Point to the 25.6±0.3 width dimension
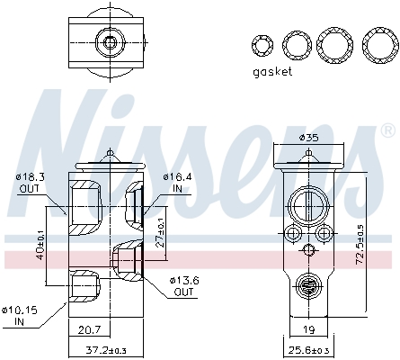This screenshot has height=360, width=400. click(x=308, y=349)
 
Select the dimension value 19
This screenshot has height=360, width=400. click(x=308, y=329)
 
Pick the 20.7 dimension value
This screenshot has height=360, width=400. click(x=88, y=329)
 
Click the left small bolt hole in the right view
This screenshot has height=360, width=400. click(x=291, y=235)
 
